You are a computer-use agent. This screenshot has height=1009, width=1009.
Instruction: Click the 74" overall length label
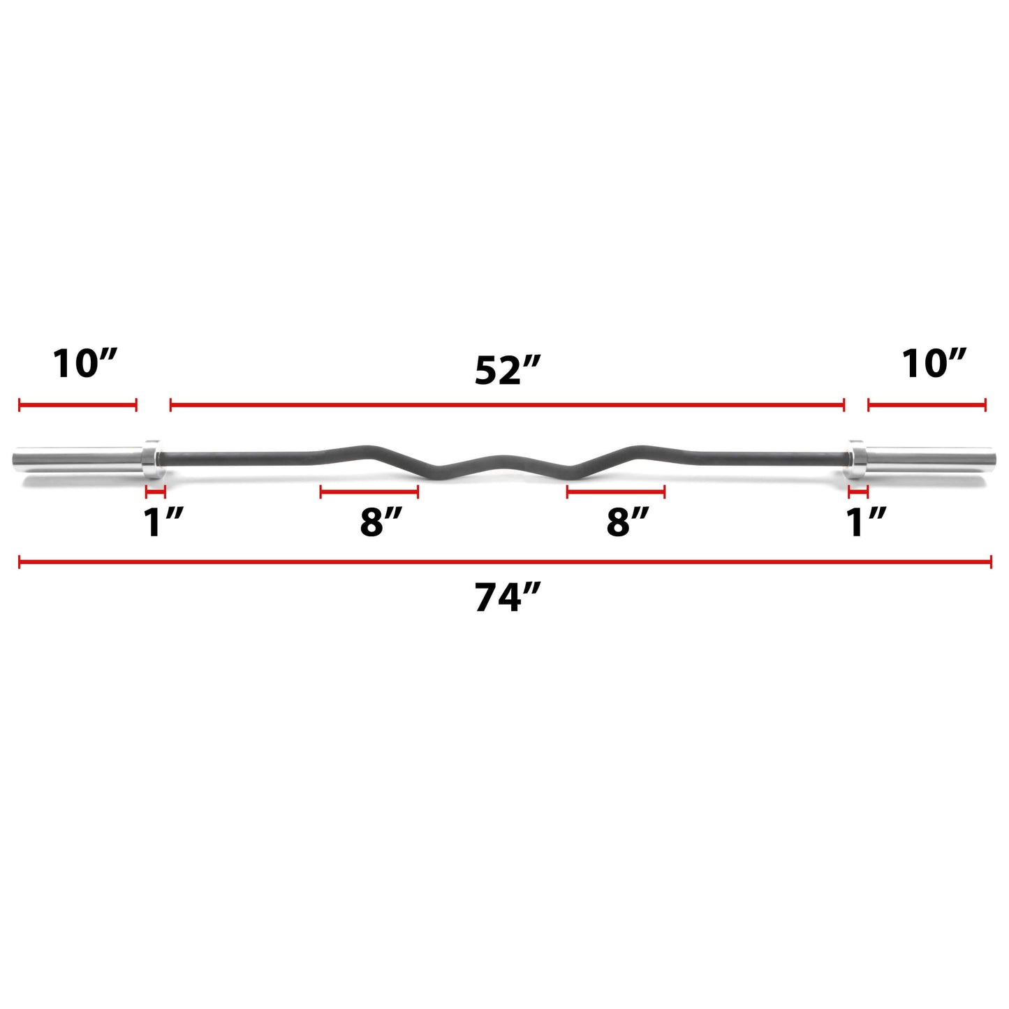(x=508, y=598)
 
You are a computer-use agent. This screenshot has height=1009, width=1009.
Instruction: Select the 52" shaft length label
(x=508, y=370)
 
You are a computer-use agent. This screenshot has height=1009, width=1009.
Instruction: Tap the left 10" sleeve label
(x=85, y=364)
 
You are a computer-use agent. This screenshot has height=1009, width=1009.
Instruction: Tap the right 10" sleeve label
(x=934, y=364)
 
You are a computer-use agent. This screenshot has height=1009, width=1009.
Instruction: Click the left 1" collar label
(x=163, y=522)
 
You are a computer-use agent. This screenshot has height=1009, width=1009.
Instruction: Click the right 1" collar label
(x=866, y=522)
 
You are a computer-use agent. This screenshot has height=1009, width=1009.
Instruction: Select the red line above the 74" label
(x=505, y=561)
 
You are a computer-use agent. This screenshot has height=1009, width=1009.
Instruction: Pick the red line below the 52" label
(x=508, y=404)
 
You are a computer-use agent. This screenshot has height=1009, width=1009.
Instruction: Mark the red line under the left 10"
(x=78, y=404)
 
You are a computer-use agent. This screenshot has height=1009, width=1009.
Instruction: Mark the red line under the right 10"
(x=927, y=404)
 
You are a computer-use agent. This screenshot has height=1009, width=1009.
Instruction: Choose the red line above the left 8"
(x=369, y=492)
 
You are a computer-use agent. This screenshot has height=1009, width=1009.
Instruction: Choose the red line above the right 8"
(x=615, y=492)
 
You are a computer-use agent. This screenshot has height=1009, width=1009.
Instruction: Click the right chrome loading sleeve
(x=929, y=459)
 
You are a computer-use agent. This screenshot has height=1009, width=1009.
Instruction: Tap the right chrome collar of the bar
(x=855, y=458)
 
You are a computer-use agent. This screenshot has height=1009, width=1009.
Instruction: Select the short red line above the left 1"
(x=155, y=492)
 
